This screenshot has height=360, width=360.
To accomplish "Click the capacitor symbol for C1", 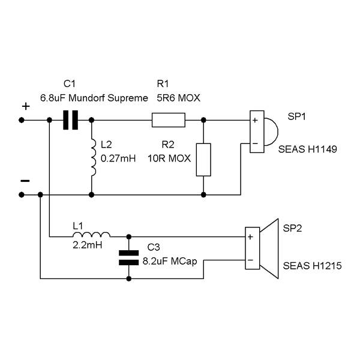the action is click(x=70, y=120).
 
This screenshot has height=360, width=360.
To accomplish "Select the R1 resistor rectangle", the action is click(x=169, y=120).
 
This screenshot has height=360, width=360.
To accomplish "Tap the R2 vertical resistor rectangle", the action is click(x=203, y=160).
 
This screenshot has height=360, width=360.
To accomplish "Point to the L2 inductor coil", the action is click(x=94, y=157).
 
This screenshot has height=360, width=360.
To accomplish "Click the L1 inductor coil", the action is click(x=91, y=235).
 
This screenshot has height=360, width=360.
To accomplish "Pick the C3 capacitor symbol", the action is click(x=129, y=258).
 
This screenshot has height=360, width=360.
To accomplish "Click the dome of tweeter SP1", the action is click(x=271, y=132).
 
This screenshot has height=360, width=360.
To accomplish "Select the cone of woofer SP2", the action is click(x=269, y=248).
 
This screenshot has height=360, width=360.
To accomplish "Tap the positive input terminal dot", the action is click(x=22, y=120).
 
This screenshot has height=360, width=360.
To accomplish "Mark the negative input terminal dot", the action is click(x=22, y=195).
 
